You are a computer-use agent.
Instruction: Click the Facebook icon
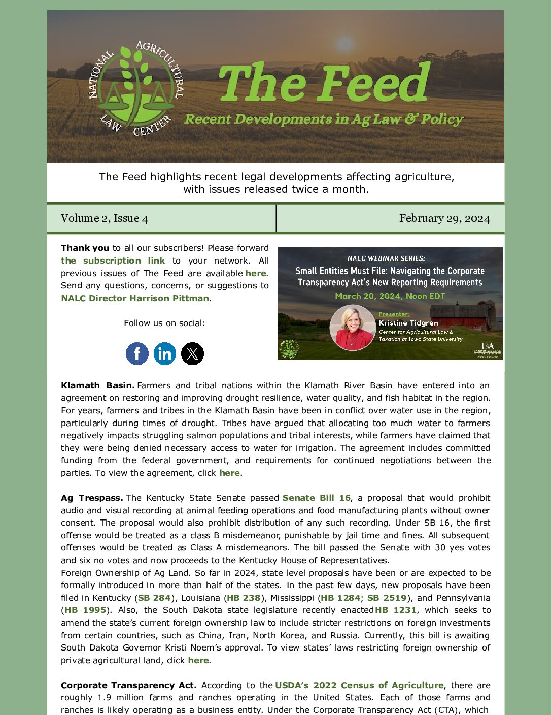[x=137, y=353]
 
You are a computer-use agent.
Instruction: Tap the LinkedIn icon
[x=165, y=353]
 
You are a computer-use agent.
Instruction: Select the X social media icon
[x=192, y=353]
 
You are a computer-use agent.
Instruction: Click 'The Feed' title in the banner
[x=325, y=82]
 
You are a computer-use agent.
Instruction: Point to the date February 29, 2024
[x=444, y=218]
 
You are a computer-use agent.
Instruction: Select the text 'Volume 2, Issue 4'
[x=105, y=218]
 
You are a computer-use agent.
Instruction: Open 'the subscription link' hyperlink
[x=113, y=261]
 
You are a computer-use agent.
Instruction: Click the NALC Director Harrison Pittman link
[x=135, y=298]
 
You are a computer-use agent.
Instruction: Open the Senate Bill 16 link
[x=316, y=498]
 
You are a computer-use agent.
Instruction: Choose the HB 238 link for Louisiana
[x=244, y=598]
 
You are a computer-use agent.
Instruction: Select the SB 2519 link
[x=387, y=598]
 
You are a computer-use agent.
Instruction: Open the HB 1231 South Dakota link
[x=396, y=610]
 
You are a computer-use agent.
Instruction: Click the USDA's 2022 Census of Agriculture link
[x=359, y=685]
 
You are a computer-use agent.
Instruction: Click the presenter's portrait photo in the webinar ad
[x=352, y=328]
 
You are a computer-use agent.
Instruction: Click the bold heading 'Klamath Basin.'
[x=97, y=385]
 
